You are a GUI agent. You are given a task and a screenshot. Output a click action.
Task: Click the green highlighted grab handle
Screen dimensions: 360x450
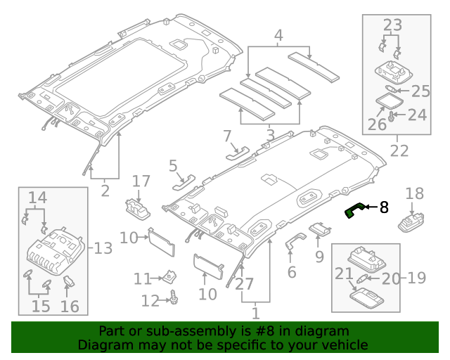coord(356,210)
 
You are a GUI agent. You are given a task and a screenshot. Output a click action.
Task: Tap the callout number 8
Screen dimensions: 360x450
coord(384,207)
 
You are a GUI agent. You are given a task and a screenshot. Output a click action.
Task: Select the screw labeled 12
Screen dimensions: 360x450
coord(172,300)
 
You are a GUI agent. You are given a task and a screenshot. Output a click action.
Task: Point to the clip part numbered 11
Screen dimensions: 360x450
coord(169,276)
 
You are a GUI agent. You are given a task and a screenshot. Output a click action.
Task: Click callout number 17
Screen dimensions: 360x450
coord(141,181)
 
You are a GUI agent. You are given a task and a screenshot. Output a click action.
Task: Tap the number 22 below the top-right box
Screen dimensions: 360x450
coord(399,150)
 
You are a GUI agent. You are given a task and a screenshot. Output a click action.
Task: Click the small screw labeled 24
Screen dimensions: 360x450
coord(392,115)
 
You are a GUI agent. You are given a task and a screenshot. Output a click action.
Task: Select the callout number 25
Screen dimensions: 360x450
coord(420,91)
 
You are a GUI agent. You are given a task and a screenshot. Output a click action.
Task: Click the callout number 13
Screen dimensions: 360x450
coord(103,247)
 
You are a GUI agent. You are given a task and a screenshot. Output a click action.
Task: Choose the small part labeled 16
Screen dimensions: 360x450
coord(70,283)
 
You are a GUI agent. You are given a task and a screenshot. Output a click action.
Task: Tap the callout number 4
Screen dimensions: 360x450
coord(279,34)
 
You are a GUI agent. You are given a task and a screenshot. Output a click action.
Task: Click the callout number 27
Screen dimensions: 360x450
coord(245,284)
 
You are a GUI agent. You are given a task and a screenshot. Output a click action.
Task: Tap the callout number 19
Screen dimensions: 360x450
coord(417,278)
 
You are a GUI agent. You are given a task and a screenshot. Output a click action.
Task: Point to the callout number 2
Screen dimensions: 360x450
coord(105,190)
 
